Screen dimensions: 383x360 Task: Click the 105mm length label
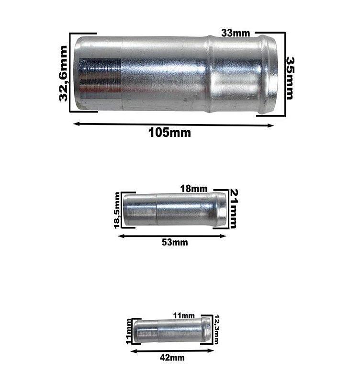point(169,133)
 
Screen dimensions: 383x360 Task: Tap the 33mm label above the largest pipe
point(235,33)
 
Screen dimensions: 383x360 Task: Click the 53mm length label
point(174,242)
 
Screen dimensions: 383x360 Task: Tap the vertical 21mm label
point(234,208)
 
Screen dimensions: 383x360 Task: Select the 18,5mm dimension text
point(117,211)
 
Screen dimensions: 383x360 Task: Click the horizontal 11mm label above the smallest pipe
point(184,315)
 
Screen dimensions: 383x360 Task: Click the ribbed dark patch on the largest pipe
point(100,76)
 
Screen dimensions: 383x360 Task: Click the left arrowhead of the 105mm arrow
point(75,124)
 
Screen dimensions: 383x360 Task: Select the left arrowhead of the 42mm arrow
point(133,351)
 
